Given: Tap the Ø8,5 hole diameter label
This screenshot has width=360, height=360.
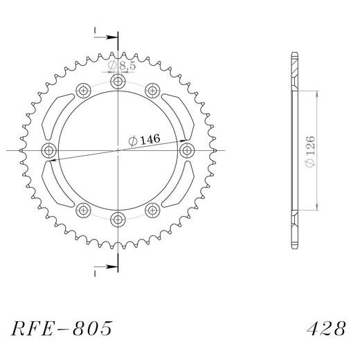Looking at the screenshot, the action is [x=122, y=66].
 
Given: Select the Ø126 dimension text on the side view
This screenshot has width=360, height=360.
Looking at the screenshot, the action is [x=309, y=151].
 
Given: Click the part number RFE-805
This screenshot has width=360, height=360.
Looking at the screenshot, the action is [x=62, y=328].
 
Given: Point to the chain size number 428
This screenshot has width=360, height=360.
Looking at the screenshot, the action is [x=326, y=328].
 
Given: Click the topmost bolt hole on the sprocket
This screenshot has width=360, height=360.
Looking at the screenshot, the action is [x=118, y=81].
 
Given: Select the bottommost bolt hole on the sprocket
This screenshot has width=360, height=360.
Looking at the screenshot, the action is [x=118, y=219].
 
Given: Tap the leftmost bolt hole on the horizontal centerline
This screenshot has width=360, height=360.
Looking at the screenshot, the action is [x=48, y=150].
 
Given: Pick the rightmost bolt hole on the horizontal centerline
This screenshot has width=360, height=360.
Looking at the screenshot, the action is [x=187, y=150].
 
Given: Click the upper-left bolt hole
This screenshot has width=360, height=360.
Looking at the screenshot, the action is [x=83, y=91].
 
